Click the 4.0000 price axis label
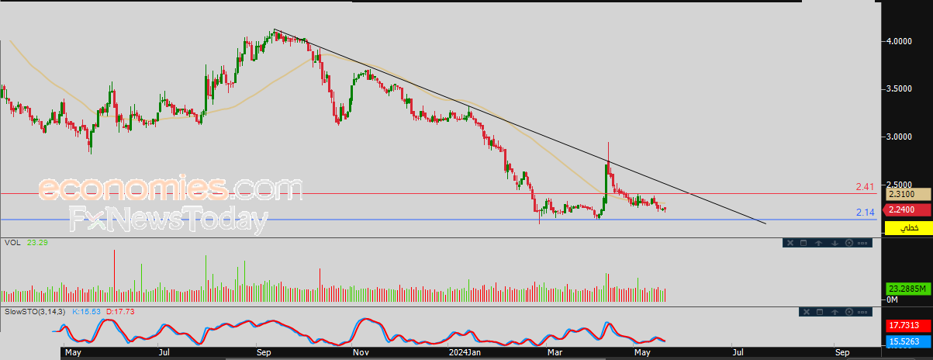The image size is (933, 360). [899, 41]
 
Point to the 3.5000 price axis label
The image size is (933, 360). [899, 88]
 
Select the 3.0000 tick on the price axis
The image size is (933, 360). [899, 137]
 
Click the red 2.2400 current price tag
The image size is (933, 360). [906, 209]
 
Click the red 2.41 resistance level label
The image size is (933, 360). [865, 187]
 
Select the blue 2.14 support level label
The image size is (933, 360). [865, 213]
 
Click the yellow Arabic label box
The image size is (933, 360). [908, 228]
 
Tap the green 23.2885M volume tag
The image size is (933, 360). [907, 289]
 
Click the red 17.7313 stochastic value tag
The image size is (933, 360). [907, 325]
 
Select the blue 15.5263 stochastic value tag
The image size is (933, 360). [907, 342]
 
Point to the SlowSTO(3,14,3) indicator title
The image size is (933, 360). [35, 312]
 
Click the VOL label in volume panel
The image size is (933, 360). [12, 243]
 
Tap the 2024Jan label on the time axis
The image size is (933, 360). [465, 352]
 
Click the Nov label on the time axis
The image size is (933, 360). [361, 352]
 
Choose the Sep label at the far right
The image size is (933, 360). [842, 352]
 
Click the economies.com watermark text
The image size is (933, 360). [171, 189]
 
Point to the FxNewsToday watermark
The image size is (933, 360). [169, 219]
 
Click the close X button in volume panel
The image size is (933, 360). [790, 243]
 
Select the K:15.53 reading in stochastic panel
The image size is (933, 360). [86, 312]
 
